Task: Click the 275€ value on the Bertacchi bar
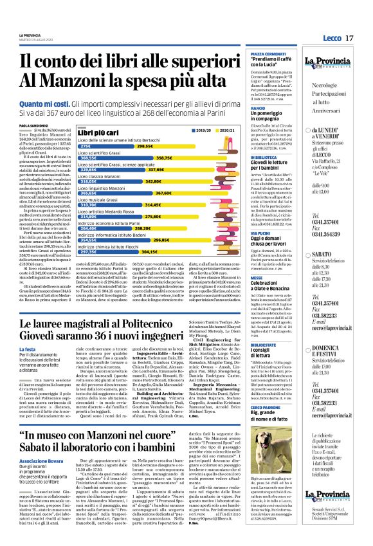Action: point(86,146)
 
